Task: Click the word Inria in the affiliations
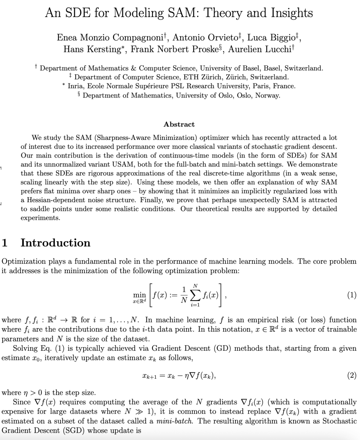[76, 86]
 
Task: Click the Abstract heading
[179, 124]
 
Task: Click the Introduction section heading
[55, 242]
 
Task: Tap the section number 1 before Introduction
[5, 242]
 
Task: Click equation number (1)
[352, 295]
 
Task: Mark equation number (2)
[352, 375]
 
